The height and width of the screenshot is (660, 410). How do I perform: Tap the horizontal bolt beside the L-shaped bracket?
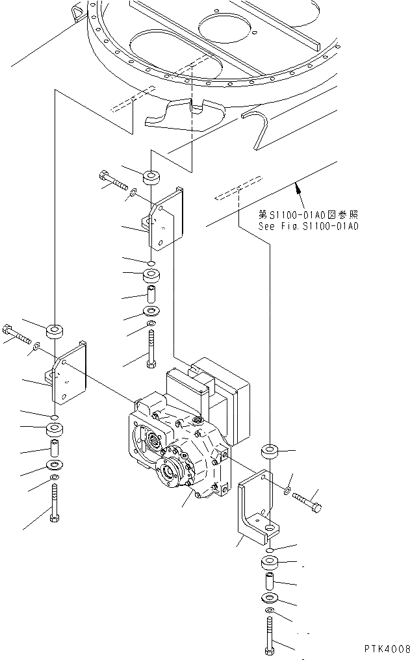[309, 502]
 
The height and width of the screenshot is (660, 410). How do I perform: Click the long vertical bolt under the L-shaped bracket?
[270, 636]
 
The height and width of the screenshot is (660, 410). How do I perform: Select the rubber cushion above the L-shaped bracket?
[269, 451]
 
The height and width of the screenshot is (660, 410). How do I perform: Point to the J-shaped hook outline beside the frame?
[260, 127]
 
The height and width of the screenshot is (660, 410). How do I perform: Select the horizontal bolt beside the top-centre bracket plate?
[114, 179]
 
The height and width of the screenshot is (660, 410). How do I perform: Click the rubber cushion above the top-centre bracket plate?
[152, 177]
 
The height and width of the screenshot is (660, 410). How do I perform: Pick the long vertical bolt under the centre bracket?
[152, 348]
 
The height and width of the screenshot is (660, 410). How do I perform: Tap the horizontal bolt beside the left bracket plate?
[18, 334]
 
